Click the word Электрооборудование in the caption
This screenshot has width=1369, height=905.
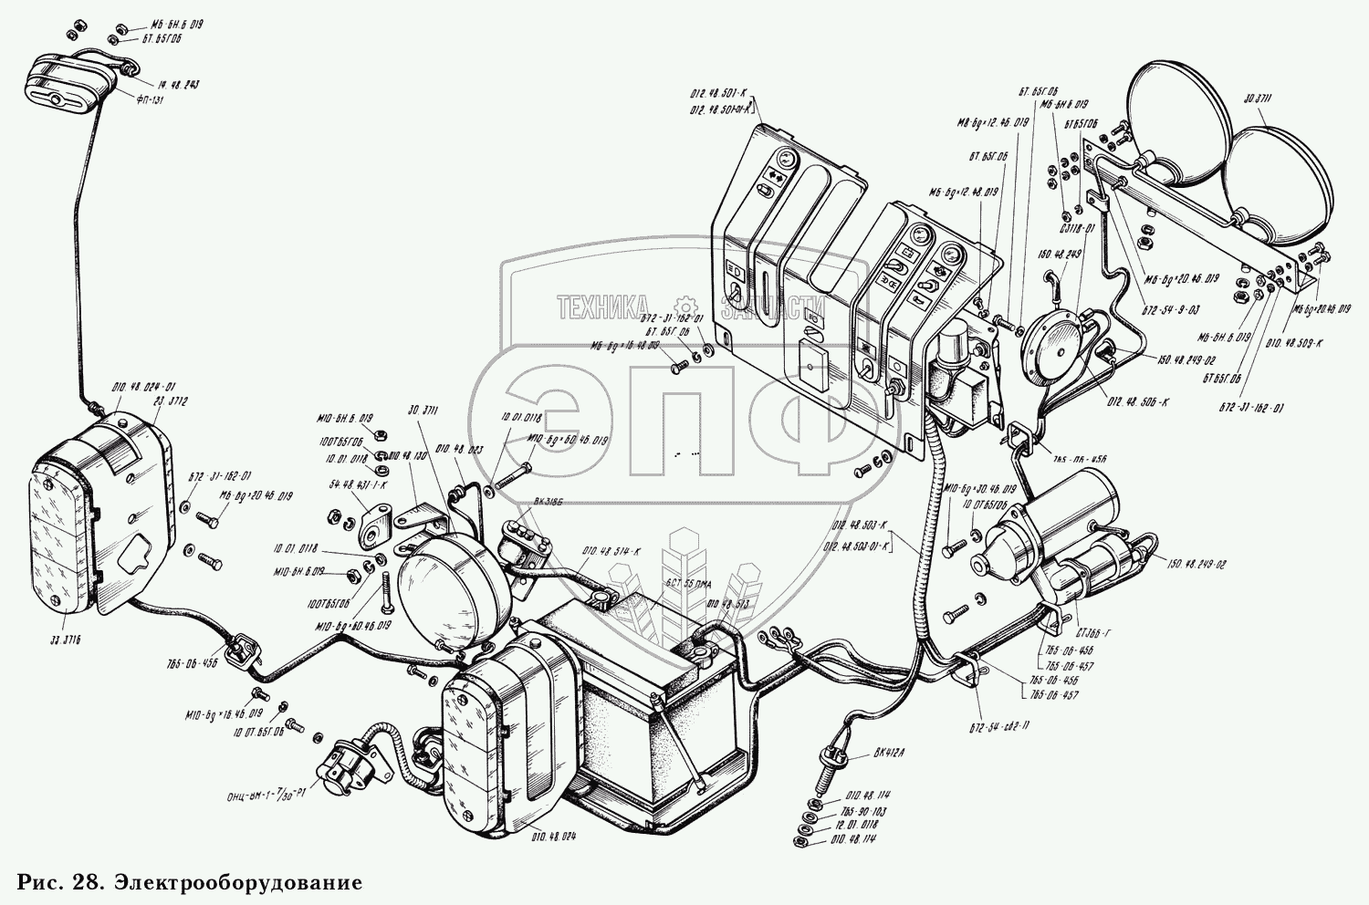pos(236,883)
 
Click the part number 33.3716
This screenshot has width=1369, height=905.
pos(60,642)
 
